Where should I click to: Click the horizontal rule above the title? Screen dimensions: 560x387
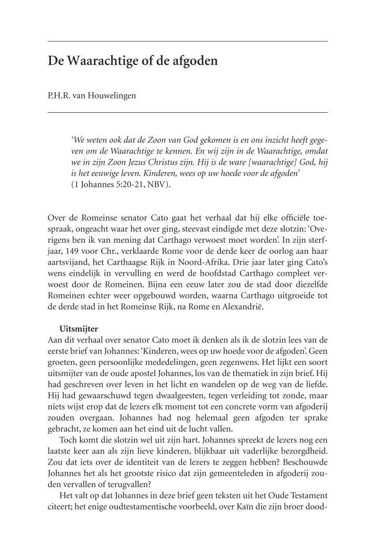click(187, 41)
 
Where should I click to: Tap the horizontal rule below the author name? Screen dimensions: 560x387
click(187, 112)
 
